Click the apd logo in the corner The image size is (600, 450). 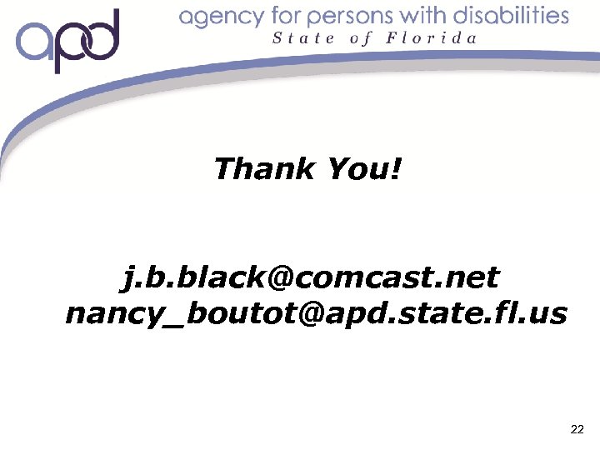click(68, 42)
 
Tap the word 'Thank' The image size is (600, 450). click(264, 169)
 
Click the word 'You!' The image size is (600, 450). click(364, 169)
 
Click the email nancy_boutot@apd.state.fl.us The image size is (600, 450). click(316, 314)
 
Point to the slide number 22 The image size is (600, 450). click(577, 430)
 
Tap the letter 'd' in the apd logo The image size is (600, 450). click(102, 37)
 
